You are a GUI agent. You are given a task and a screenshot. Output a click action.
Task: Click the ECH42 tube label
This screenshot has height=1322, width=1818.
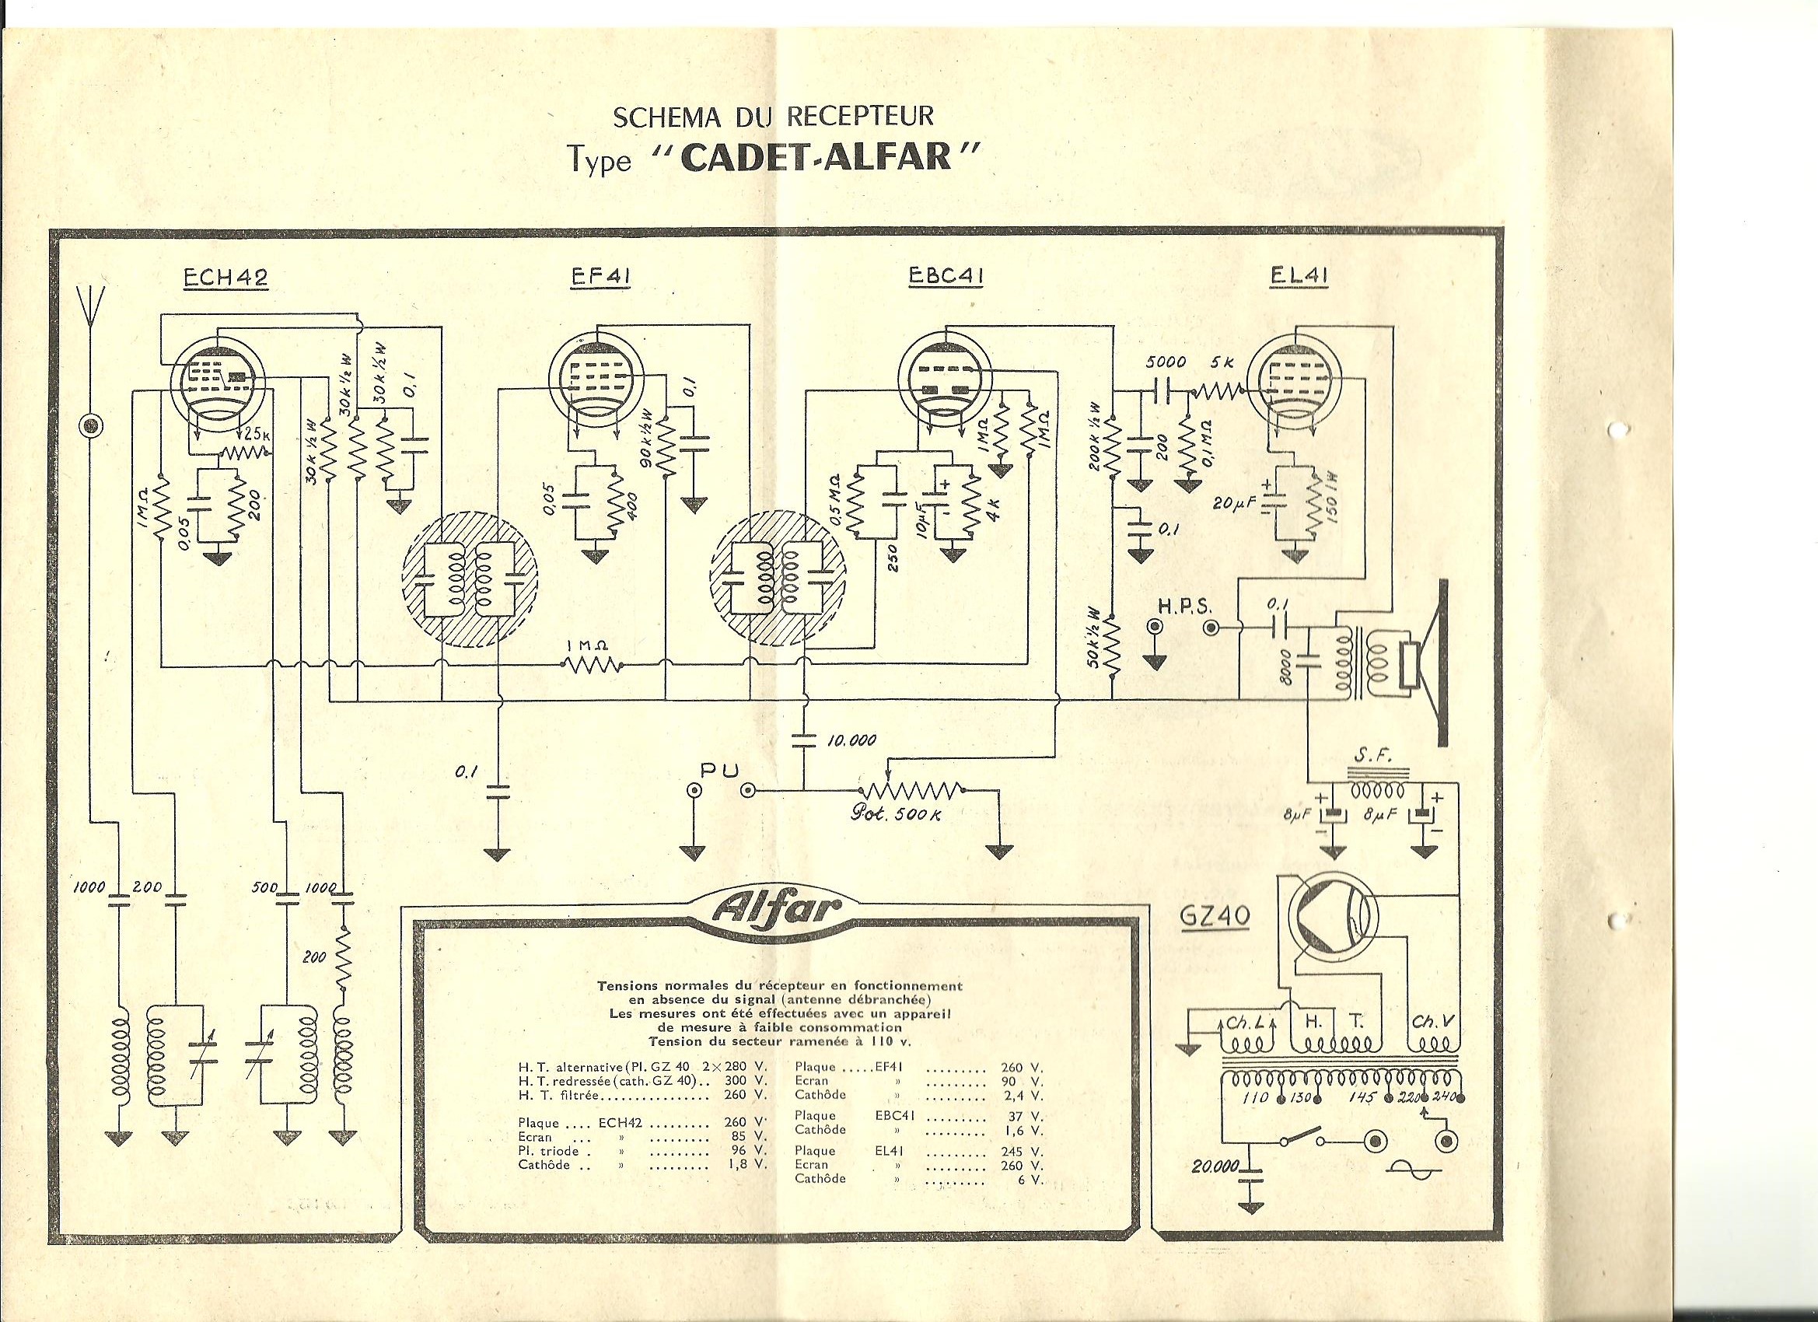[226, 277]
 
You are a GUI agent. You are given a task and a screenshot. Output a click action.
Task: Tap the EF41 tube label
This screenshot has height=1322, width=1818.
[600, 277]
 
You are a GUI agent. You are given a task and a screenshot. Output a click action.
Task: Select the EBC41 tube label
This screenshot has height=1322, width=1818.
[946, 277]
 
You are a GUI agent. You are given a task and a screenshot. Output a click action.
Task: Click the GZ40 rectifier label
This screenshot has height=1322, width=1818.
[1216, 915]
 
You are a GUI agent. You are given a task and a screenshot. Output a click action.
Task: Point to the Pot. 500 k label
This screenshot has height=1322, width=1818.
[894, 814]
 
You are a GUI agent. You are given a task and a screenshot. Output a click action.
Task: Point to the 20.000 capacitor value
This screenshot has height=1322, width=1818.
[1215, 1166]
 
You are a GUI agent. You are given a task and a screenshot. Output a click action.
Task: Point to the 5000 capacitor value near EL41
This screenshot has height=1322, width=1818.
[1166, 363]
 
